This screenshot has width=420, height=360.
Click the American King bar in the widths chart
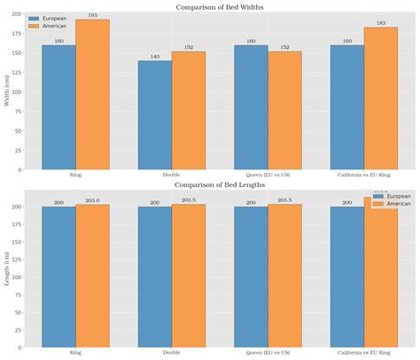coord(93,95)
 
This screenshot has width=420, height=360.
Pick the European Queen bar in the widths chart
coord(252,107)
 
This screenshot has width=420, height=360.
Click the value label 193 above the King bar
coord(93,15)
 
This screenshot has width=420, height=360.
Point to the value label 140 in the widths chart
coord(155,56)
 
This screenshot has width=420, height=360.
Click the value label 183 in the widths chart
coord(381,23)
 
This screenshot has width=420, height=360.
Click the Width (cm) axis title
coord(8,90)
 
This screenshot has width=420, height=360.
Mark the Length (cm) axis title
coord(8,268)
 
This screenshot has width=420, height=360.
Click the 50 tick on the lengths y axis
coord(19,312)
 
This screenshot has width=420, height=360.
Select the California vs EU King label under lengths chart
coord(364,353)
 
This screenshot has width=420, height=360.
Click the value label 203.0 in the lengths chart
coord(93,200)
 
